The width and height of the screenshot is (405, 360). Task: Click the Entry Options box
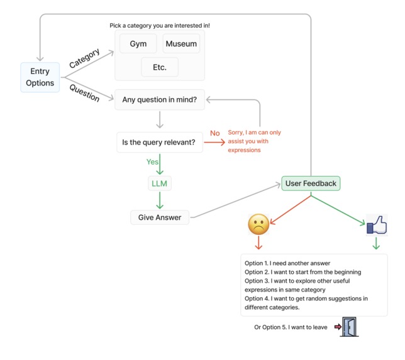[40, 77]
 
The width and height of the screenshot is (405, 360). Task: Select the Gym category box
[138, 44]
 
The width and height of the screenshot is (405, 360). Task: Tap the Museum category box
[181, 44]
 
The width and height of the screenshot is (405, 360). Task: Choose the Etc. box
[159, 67]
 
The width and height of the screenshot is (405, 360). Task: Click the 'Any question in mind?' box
[159, 99]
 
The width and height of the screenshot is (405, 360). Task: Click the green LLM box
[159, 183]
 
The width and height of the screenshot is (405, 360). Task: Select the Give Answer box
[160, 217]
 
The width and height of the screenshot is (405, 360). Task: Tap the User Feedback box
[311, 183]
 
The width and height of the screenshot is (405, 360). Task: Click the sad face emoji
[258, 224]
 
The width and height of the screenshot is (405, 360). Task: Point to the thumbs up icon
[376, 224]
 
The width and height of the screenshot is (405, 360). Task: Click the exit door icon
[349, 327]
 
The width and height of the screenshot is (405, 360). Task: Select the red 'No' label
[215, 133]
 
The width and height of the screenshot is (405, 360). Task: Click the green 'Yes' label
[152, 161]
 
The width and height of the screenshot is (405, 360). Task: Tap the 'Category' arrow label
[84, 58]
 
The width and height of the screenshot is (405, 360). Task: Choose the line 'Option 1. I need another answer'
[287, 263]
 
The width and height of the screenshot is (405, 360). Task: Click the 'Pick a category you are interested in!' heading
[160, 25]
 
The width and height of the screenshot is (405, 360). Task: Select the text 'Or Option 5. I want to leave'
[291, 327]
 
